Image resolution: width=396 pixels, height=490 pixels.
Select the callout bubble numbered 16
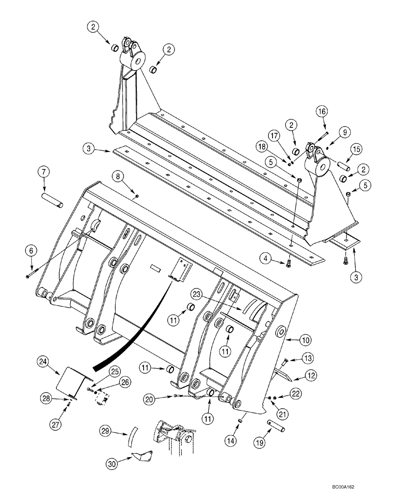[322, 112]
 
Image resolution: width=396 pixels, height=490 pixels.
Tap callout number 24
[43, 363]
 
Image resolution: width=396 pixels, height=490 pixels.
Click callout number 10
[305, 339]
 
